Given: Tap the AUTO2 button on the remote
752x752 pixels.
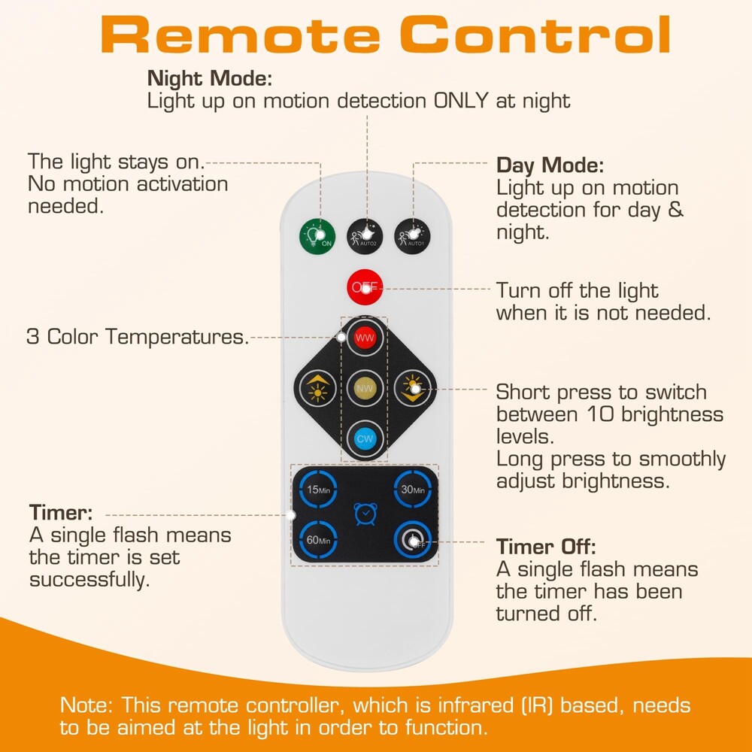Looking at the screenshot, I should pyautogui.click(x=365, y=234).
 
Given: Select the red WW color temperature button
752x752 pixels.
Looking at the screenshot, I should pyautogui.click(x=365, y=338).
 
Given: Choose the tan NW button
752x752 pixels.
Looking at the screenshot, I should pyautogui.click(x=365, y=388).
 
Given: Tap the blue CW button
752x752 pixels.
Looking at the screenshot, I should pyautogui.click(x=365, y=438).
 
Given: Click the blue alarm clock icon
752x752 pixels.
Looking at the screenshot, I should pyautogui.click(x=365, y=514).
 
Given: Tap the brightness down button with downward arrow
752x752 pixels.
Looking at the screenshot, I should pyautogui.click(x=412, y=388).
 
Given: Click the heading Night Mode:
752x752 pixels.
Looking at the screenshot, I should pyautogui.click(x=210, y=78).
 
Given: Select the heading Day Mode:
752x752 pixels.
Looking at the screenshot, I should pyautogui.click(x=550, y=165).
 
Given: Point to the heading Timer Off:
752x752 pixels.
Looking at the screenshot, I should pyautogui.click(x=546, y=547).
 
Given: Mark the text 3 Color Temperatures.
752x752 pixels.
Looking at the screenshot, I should pyautogui.click(x=138, y=337).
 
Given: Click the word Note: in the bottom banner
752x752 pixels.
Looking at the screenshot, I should pyautogui.click(x=88, y=706).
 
